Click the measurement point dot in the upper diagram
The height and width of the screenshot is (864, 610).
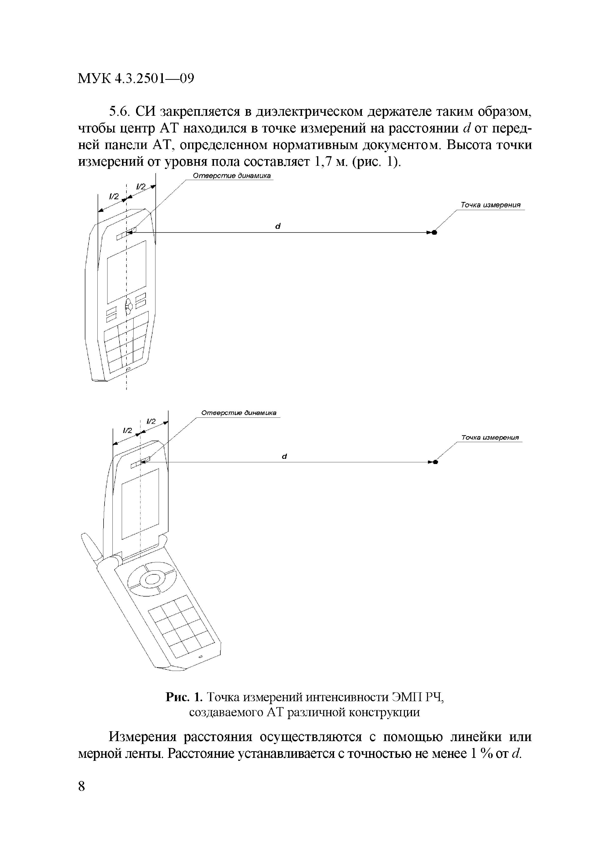[434, 233]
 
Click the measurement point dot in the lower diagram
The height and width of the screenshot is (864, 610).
[435, 462]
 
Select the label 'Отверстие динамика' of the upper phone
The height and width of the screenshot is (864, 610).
[232, 176]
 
